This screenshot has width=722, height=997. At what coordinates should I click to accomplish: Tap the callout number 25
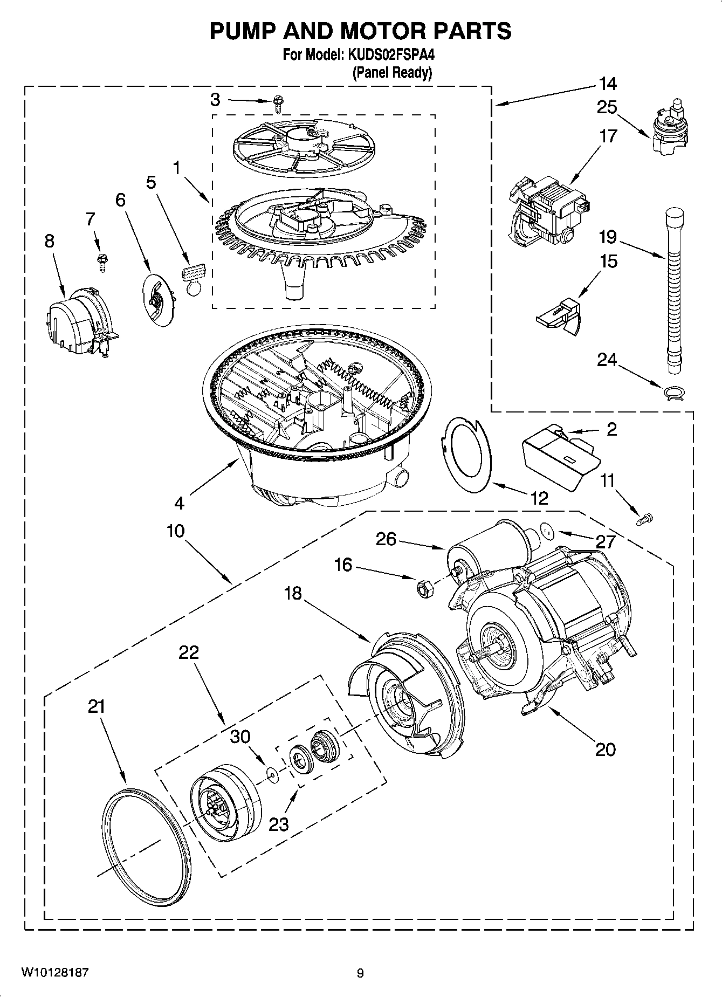tap(607, 108)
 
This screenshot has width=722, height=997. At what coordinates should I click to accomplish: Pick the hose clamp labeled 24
tap(674, 392)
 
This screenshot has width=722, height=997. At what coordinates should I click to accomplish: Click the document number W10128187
tap(54, 972)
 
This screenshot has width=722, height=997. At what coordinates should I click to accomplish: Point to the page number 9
tap(360, 973)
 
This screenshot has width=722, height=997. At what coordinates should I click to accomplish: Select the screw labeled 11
tap(644, 519)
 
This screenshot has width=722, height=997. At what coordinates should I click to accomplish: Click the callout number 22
tap(189, 653)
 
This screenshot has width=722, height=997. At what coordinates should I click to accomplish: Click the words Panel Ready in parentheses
tap(392, 73)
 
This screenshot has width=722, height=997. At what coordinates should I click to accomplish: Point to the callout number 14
tap(608, 84)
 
